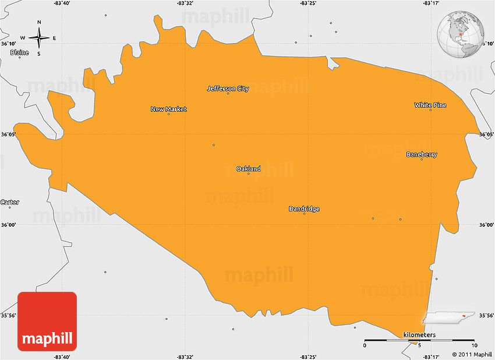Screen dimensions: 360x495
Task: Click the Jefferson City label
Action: tap(228, 89)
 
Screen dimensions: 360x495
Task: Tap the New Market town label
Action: tap(168, 109)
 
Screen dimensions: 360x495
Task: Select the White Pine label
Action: tap(430, 105)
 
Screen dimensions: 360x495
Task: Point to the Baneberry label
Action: tap(422, 154)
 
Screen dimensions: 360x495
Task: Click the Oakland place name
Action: tap(248, 169)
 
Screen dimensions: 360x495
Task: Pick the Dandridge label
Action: tap(304, 209)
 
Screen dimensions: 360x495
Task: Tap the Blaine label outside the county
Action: tap(19, 52)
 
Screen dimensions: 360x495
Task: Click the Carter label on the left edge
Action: tap(10, 202)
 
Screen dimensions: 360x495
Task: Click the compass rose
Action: tap(39, 38)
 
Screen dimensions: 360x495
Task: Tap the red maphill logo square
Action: tap(47, 321)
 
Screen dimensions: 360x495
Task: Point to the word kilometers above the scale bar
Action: tap(419, 335)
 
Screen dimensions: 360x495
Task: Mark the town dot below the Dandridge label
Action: tap(304, 214)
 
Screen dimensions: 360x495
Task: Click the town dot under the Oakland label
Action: tap(249, 174)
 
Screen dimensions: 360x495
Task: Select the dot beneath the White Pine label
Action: tap(430, 110)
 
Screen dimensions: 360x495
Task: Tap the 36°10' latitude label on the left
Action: tap(8, 44)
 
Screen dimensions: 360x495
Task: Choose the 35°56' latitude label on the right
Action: tap(486, 315)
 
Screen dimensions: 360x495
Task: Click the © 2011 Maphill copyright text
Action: tap(472, 354)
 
